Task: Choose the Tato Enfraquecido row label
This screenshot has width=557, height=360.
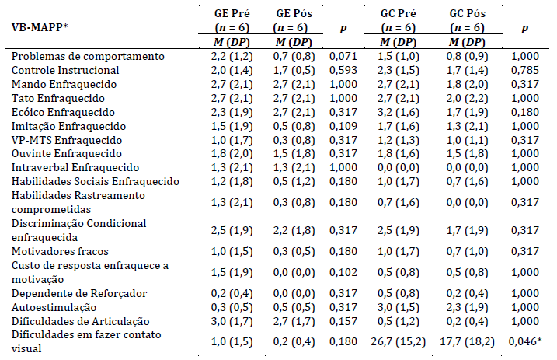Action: click(57, 97)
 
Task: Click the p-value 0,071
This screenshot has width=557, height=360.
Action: click(343, 56)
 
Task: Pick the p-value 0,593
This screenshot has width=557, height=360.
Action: click(343, 70)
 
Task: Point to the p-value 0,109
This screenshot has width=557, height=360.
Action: click(343, 125)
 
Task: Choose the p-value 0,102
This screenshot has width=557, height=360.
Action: click(343, 271)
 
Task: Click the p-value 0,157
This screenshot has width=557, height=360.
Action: click(343, 320)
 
